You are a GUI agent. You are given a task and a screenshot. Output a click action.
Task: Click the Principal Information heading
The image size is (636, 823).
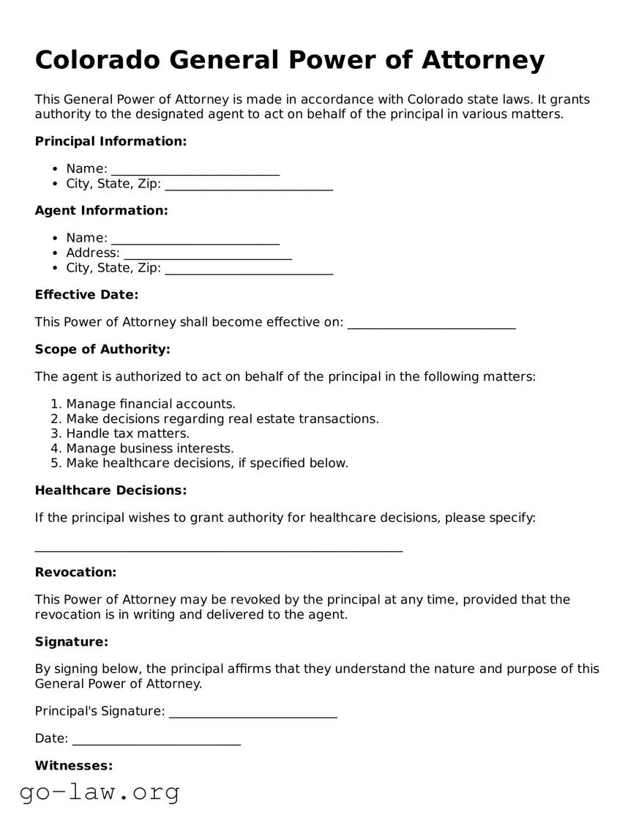click(x=111, y=141)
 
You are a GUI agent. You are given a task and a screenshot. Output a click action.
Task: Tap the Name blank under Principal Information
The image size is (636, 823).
click(x=195, y=169)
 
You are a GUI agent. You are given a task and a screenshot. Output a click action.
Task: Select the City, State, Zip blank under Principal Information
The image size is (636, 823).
click(x=249, y=185)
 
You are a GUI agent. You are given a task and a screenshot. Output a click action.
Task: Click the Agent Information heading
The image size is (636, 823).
click(x=101, y=211)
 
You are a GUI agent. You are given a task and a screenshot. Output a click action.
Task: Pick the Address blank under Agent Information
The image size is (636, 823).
click(x=208, y=253)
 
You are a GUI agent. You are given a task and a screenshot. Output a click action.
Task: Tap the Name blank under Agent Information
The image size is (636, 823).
click(x=195, y=238)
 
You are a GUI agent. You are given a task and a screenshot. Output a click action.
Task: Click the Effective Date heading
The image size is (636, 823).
click(x=86, y=295)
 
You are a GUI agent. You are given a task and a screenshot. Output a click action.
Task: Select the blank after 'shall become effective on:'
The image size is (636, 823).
click(x=431, y=323)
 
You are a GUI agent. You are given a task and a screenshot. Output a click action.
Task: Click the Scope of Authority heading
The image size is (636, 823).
click(x=102, y=350)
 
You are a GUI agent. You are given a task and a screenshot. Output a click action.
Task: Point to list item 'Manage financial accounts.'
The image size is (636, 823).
click(x=151, y=404)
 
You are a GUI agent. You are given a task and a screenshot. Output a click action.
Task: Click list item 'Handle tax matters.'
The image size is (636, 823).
click(x=127, y=433)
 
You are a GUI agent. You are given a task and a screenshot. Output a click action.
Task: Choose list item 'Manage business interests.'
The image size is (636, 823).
click(x=150, y=448)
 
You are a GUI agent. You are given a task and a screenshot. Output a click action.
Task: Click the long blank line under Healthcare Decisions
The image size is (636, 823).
click(x=218, y=548)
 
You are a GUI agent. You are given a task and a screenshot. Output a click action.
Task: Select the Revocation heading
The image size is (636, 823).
click(x=75, y=573)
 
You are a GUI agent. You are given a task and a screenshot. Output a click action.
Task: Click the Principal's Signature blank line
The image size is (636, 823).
click(x=252, y=712)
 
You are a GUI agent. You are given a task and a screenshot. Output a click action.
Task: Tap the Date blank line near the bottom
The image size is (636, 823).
click(x=156, y=740)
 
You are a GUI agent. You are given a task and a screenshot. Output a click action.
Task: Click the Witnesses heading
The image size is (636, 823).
click(x=73, y=766)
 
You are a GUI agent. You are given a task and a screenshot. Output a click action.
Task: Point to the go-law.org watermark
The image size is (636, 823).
click(x=100, y=792)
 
